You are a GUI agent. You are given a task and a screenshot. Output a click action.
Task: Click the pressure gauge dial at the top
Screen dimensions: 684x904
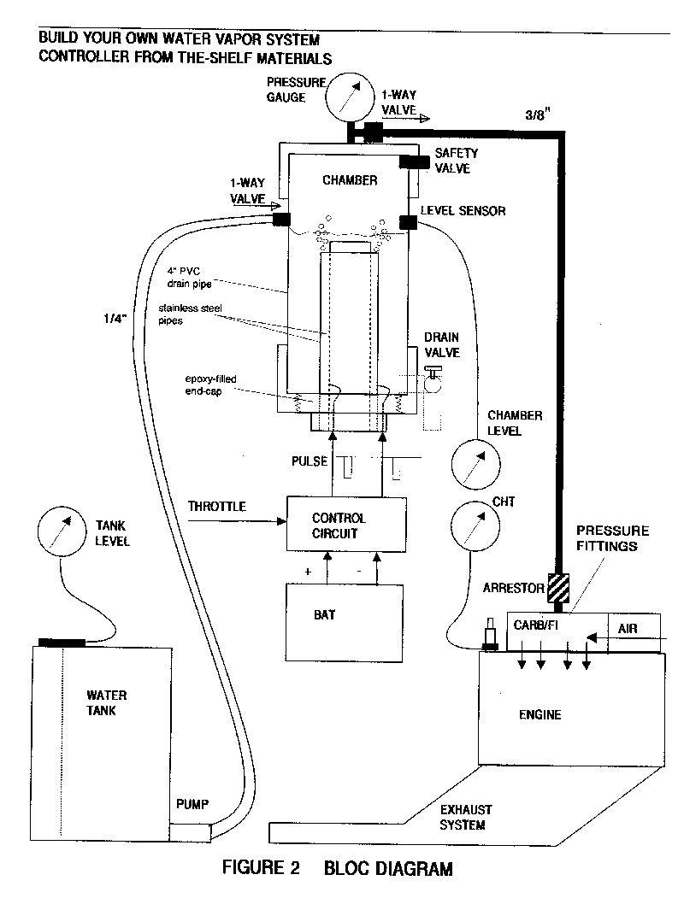(350, 97)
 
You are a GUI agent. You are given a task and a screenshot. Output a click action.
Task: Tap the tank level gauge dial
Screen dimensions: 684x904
(62, 531)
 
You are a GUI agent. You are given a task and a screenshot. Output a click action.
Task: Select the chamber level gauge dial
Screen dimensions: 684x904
(475, 465)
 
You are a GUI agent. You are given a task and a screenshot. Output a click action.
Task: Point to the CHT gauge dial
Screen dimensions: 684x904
(475, 525)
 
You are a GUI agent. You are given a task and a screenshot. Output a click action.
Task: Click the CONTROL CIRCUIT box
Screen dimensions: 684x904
(346, 525)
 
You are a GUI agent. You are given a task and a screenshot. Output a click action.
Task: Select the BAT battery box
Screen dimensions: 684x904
(345, 623)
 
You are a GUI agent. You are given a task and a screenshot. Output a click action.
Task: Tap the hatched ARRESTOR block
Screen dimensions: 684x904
(557, 588)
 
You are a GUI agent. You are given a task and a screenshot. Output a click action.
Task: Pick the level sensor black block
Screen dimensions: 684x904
(408, 221)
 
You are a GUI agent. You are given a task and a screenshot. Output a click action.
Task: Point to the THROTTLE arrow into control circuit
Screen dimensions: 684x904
(237, 521)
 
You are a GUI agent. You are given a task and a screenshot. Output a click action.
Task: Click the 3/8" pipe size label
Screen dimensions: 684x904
(537, 114)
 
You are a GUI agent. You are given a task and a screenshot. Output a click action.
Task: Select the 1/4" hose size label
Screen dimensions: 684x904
(115, 318)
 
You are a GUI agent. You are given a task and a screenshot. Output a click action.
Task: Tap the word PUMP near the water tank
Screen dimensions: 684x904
(192, 804)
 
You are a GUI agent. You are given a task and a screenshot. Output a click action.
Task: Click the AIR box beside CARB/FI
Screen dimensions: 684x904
(634, 632)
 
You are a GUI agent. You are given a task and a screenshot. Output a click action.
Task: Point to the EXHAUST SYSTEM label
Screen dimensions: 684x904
(465, 818)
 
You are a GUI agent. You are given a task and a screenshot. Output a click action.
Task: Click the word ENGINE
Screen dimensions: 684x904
(540, 715)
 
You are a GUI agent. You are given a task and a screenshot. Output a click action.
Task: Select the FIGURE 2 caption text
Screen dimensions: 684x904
(262, 867)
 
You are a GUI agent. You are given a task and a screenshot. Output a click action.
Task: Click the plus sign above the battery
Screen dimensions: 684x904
(308, 572)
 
